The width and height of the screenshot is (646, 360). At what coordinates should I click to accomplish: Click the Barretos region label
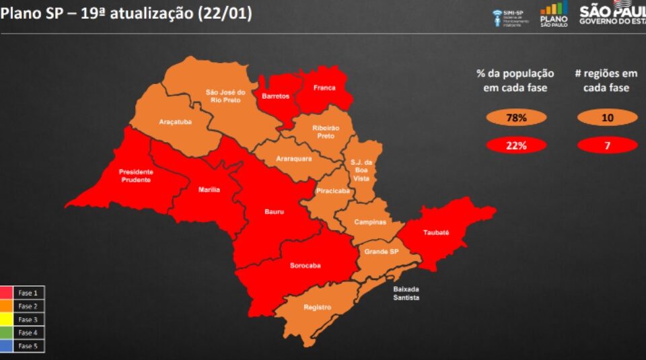pyautogui.click(x=275, y=96)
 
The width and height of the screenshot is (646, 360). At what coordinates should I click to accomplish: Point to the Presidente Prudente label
pyautogui.click(x=135, y=175)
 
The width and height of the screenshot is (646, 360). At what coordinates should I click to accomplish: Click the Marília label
pyautogui.click(x=209, y=190)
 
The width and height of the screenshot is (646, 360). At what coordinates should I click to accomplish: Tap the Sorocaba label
pyautogui.click(x=305, y=265)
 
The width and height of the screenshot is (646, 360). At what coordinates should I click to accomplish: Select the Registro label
pyautogui.click(x=317, y=308)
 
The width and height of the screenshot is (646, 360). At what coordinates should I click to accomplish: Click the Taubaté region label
pyautogui.click(x=436, y=232)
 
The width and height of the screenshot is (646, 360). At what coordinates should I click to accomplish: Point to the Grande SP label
pyautogui.click(x=382, y=252)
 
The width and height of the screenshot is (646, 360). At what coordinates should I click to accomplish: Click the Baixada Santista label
pyautogui.click(x=406, y=293)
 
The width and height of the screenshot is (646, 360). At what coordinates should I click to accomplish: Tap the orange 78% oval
pyautogui.click(x=515, y=118)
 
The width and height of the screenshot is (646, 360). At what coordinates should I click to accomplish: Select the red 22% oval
pyautogui.click(x=515, y=145)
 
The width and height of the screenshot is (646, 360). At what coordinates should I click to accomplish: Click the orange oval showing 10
pyautogui.click(x=607, y=118)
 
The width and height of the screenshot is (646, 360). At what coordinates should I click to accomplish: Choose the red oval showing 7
pyautogui.click(x=607, y=145)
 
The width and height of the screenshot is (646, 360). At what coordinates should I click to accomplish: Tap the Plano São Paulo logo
pyautogui.click(x=553, y=13)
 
